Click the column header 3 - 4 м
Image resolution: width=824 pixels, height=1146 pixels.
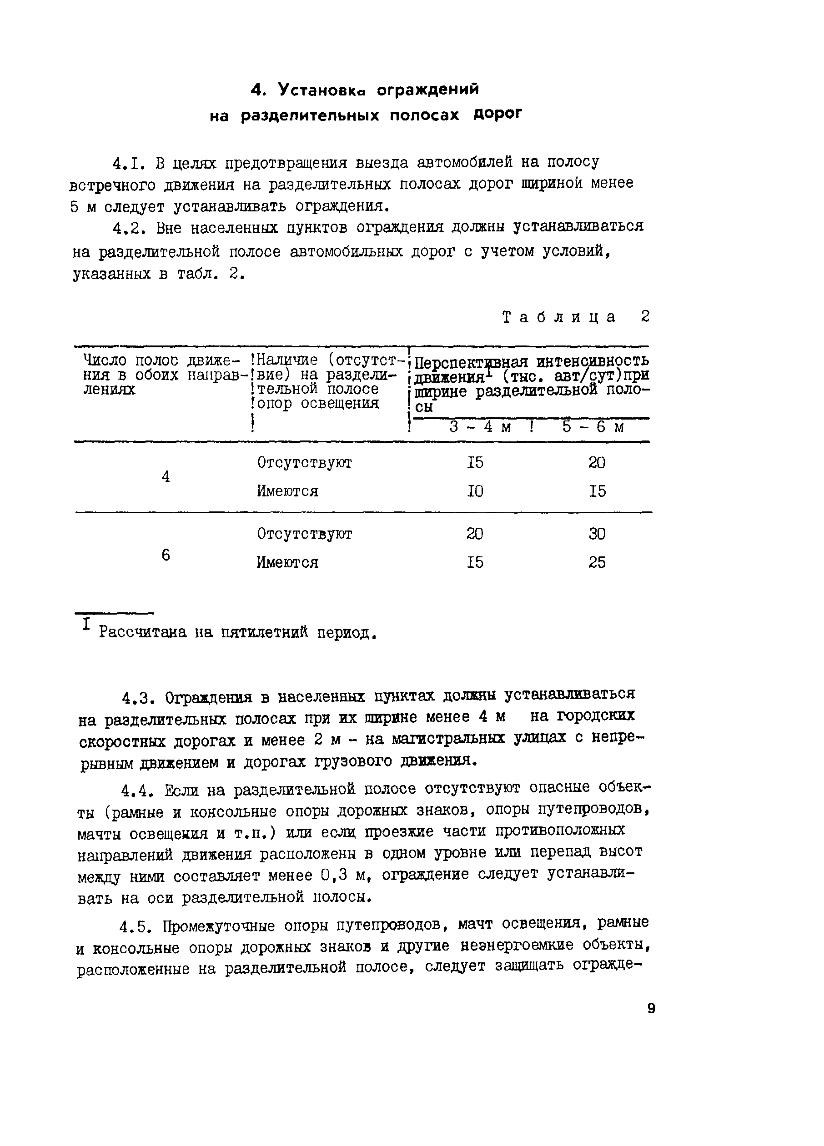click(x=480, y=427)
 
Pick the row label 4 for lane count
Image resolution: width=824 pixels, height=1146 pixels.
click(x=166, y=476)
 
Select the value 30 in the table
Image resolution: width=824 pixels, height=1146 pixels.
click(x=597, y=534)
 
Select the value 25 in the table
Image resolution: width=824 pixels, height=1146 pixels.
click(x=597, y=562)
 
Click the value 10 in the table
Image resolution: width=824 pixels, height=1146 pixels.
click(x=475, y=491)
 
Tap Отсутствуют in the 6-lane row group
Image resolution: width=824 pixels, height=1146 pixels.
click(x=304, y=534)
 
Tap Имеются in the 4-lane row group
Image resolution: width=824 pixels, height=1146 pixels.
click(x=287, y=491)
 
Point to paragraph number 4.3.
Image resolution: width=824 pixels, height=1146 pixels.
click(x=137, y=698)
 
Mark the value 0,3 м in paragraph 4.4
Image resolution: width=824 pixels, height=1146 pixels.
click(x=346, y=875)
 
